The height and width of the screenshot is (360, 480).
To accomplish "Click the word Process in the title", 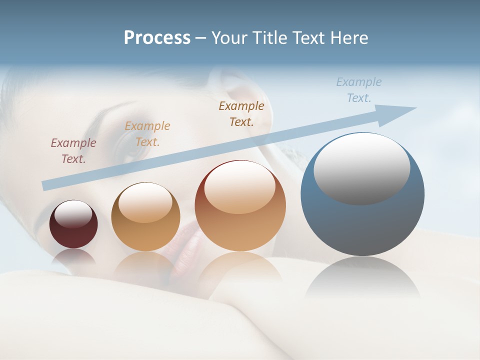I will [x=157, y=38].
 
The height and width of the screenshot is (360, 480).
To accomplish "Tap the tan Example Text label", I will [x=147, y=134].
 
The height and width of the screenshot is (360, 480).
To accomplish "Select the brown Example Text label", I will [x=241, y=113].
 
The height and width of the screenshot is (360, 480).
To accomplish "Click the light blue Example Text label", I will [x=359, y=90].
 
